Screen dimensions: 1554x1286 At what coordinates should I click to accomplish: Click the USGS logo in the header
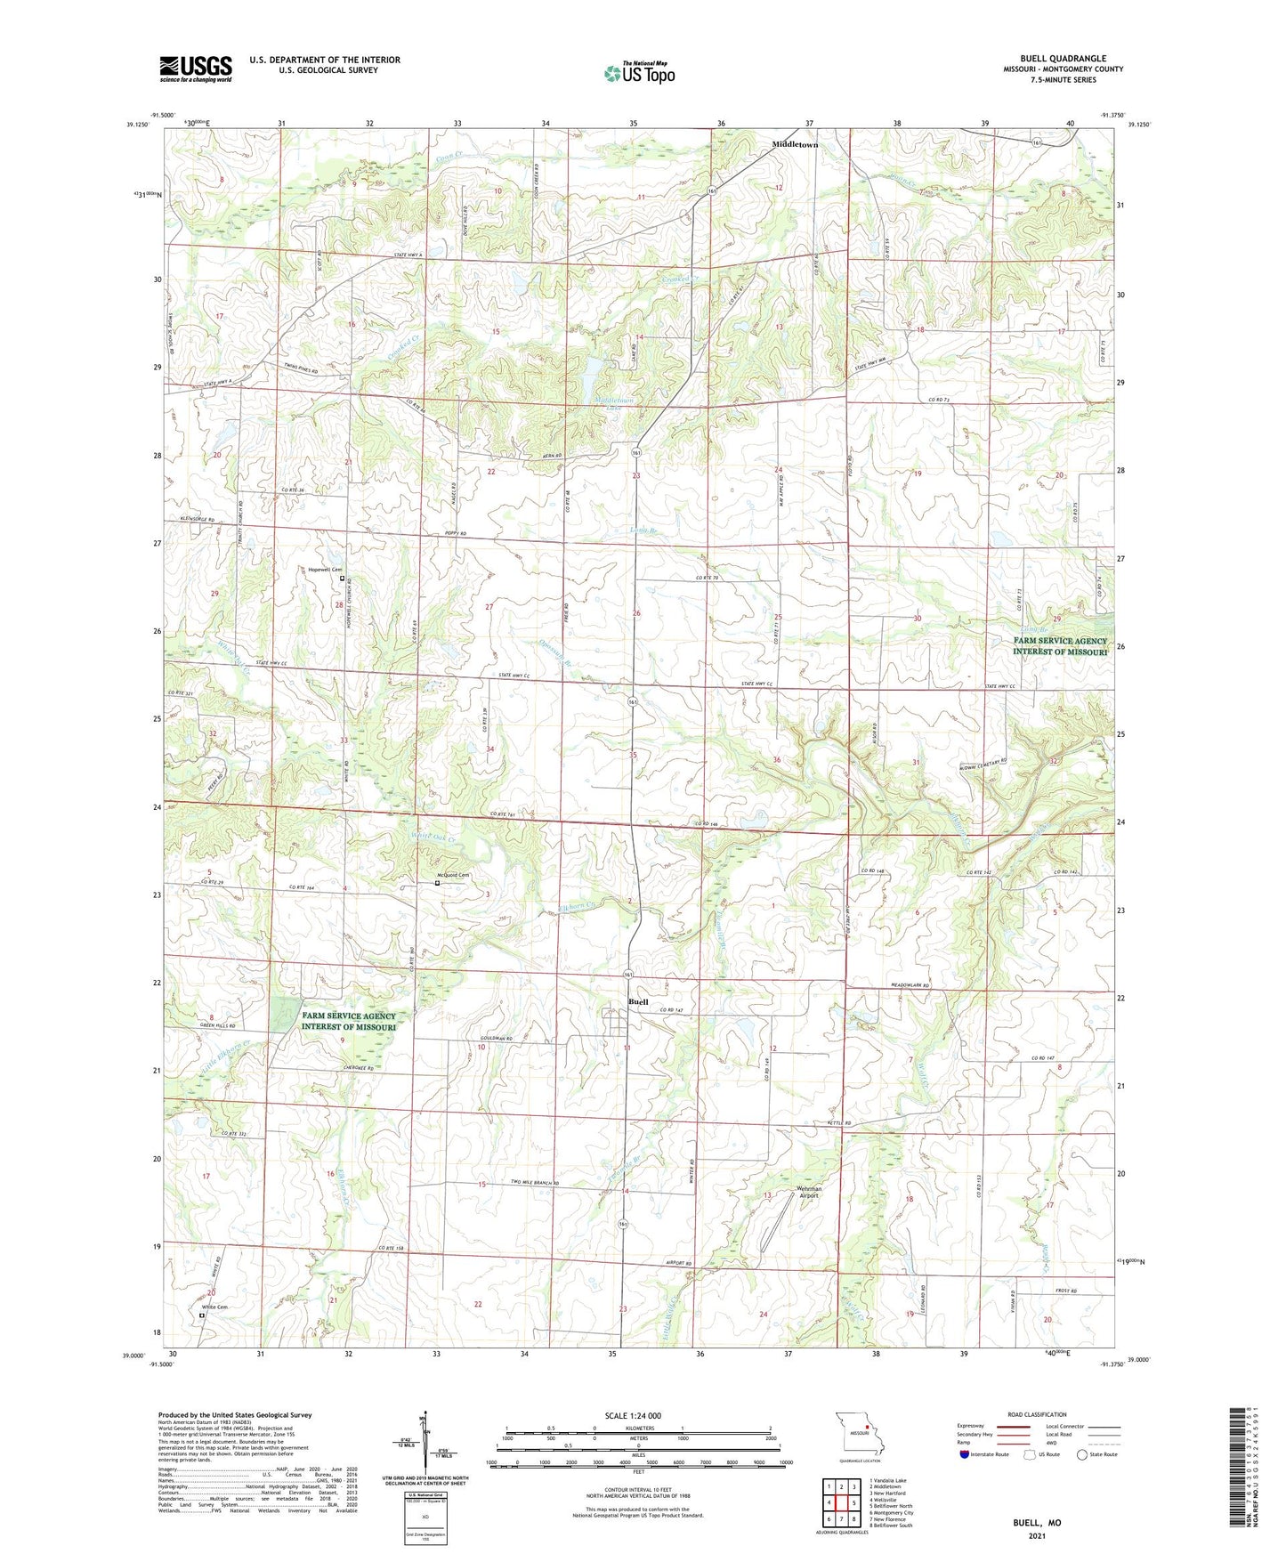(x=195, y=69)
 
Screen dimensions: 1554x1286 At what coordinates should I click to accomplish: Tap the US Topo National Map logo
(x=639, y=73)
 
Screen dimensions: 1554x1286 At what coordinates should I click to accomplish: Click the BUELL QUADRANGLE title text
(x=1063, y=59)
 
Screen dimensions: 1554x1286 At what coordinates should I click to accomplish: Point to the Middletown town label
(x=794, y=144)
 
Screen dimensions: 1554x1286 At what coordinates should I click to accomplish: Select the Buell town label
(x=638, y=1002)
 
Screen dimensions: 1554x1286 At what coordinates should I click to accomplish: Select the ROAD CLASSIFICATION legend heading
(x=1037, y=1414)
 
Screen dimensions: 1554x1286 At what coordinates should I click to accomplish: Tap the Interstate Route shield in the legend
(x=967, y=1454)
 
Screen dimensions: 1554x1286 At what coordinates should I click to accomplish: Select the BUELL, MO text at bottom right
(x=1037, y=1523)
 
